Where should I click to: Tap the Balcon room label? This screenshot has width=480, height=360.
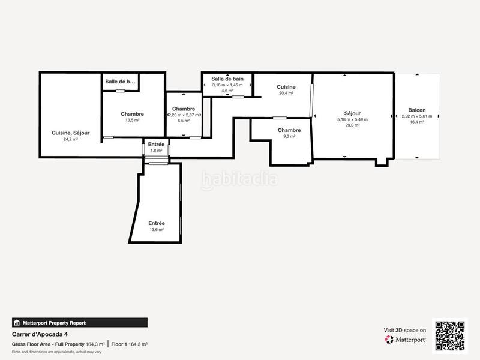(x=417, y=110)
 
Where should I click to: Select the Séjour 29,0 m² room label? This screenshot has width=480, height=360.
(x=352, y=113)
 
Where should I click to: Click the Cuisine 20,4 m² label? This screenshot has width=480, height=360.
(x=286, y=88)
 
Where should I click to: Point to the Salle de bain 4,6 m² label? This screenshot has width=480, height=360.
(x=227, y=79)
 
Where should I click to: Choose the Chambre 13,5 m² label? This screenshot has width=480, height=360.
(x=132, y=114)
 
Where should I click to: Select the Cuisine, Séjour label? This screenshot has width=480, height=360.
(x=71, y=133)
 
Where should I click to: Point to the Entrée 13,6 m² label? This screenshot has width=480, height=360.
(x=157, y=223)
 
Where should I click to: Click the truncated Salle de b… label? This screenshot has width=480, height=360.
(x=120, y=82)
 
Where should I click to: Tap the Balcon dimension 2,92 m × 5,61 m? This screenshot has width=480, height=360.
(x=417, y=116)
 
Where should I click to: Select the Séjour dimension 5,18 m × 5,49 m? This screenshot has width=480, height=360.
(x=352, y=119)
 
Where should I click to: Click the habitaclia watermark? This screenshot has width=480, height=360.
(x=240, y=178)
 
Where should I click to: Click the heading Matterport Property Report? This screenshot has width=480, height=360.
(x=54, y=323)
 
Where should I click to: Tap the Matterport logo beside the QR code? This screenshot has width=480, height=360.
(x=406, y=340)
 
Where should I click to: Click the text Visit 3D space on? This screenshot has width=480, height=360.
(x=405, y=330)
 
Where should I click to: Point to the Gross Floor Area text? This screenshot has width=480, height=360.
(x=48, y=344)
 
